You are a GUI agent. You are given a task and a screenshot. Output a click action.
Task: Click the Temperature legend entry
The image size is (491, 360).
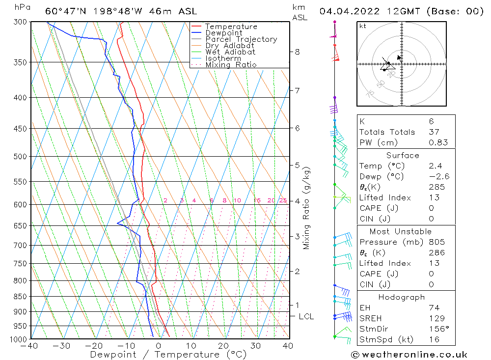[x=231, y=27]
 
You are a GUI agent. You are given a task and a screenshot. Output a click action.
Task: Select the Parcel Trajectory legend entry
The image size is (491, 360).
[x=241, y=39]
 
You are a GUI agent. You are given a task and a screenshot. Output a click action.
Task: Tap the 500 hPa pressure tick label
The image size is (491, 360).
[x=20, y=157]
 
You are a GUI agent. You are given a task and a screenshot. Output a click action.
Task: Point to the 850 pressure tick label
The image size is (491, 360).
[x=20, y=297]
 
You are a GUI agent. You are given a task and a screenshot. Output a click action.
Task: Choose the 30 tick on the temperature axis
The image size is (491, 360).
[x=256, y=346]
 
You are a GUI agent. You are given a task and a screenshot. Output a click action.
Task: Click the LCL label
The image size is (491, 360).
[x=306, y=317]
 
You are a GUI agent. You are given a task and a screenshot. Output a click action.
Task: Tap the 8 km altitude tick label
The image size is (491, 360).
[x=297, y=52]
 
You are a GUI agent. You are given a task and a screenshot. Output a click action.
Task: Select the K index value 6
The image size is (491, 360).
[x=431, y=121]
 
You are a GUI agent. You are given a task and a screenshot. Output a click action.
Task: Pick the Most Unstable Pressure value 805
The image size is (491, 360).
[x=436, y=242]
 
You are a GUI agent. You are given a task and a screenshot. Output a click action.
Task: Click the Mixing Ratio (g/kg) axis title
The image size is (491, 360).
[x=307, y=208]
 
